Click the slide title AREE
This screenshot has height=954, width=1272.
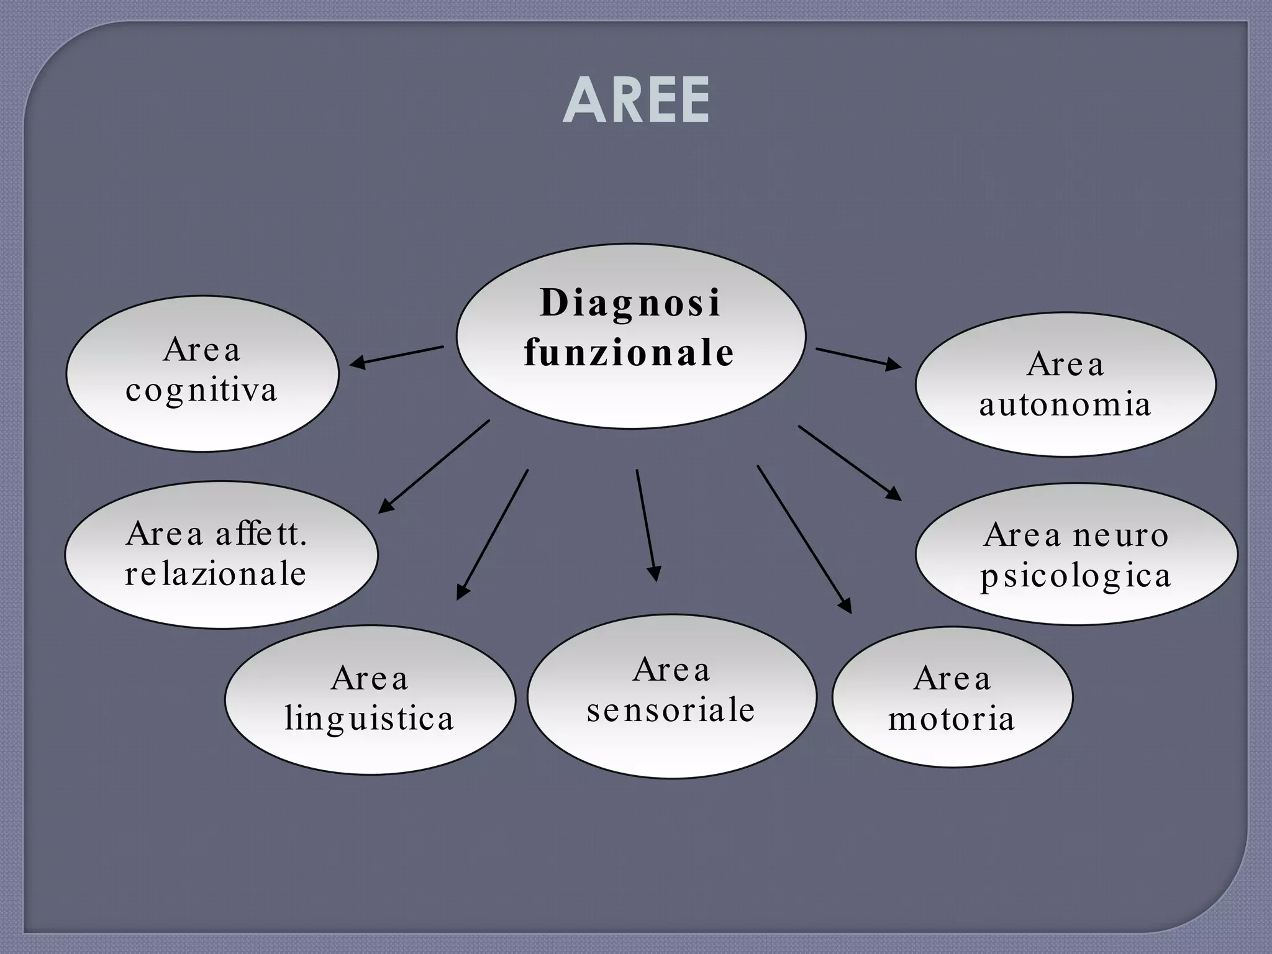click(636, 100)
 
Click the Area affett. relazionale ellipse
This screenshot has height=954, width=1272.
click(221, 596)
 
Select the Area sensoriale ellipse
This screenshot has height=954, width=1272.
click(672, 745)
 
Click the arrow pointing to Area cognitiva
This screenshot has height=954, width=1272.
click(397, 356)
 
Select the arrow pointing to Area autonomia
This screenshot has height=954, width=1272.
click(858, 358)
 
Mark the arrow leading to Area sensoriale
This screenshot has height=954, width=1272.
click(647, 525)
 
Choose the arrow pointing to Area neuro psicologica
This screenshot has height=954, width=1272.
click(850, 463)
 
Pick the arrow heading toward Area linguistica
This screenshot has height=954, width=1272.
click(493, 534)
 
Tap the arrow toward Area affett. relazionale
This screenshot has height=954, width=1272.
click(434, 466)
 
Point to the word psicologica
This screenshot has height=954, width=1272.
click(1076, 576)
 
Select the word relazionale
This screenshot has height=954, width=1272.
click(216, 573)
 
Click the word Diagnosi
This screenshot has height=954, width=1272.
click(630, 304)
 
